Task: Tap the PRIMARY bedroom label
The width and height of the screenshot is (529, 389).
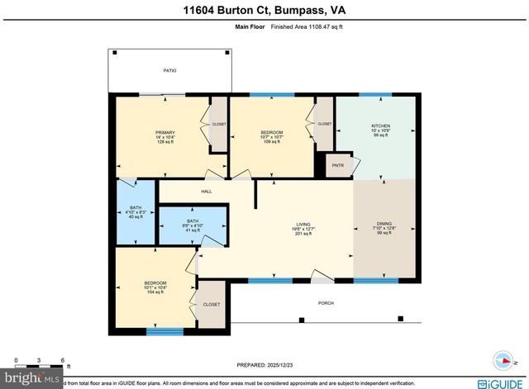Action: coord(165,137)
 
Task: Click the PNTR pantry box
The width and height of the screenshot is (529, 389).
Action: coord(337,164)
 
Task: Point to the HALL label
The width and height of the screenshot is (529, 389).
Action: coord(207,192)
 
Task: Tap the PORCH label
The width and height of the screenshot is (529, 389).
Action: coord(326,303)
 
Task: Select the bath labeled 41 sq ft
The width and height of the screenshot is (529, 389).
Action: coord(193,225)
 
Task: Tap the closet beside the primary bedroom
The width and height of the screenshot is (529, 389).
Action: coord(219,124)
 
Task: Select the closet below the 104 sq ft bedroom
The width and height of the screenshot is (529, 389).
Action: coord(212,304)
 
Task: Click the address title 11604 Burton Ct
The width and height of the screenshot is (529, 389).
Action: coord(264,11)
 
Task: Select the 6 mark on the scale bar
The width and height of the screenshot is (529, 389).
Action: coord(63,362)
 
